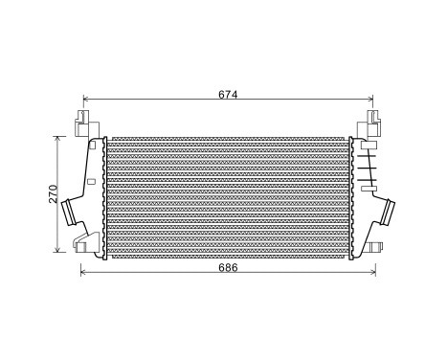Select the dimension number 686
[228, 267]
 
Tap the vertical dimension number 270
[55, 194]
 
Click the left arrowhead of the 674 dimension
[86, 99]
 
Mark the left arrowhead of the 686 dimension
[80, 274]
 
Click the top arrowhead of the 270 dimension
[60, 138]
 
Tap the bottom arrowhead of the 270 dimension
[60, 251]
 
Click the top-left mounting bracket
[84, 125]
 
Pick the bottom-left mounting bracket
[89, 240]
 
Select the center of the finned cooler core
[228, 195]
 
